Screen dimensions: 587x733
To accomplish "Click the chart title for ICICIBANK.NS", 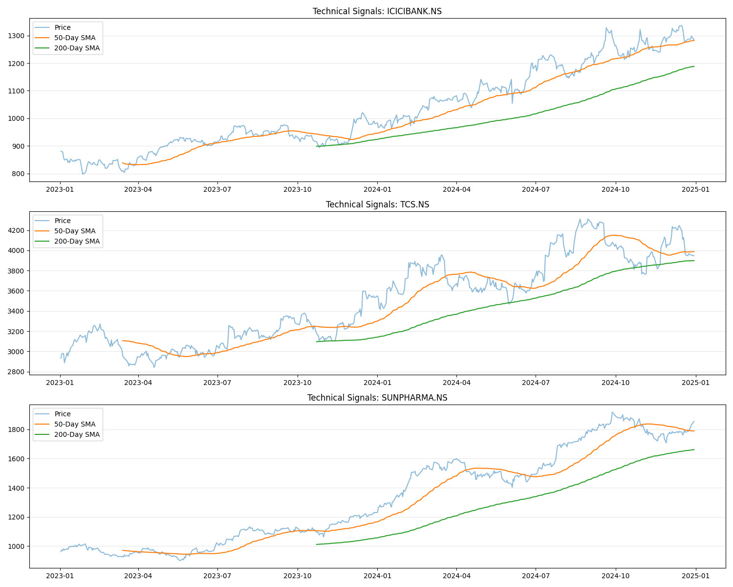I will click(377, 11).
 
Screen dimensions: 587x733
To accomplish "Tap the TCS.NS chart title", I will click(377, 204).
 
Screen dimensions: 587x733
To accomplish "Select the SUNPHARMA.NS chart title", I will click(377, 398).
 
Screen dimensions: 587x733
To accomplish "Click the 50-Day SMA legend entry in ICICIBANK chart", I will click(75, 38).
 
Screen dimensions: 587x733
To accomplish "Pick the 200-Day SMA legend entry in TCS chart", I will click(77, 241).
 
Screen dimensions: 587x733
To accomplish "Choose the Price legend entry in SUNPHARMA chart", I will click(63, 414).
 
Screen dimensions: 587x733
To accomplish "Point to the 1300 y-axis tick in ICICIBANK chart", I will click(16, 36).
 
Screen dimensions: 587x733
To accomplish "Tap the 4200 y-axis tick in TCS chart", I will click(16, 230).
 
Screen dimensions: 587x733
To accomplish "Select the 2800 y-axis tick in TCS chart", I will click(16, 372).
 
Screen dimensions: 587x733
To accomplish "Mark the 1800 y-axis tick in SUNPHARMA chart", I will click(16, 429).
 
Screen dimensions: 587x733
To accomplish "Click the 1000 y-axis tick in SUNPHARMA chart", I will click(16, 546).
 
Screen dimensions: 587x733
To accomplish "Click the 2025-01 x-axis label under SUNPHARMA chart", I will click(696, 576).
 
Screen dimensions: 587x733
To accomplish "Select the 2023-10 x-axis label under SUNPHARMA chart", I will click(298, 576).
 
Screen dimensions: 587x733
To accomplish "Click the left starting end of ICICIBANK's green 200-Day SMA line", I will click(317, 146).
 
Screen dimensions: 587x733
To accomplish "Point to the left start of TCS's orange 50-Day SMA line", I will click(122, 340).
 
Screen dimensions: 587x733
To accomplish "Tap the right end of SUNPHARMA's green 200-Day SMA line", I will click(694, 450).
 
